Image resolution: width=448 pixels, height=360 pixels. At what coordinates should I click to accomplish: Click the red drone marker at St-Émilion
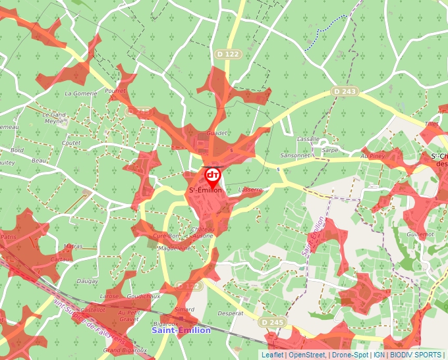[213, 175]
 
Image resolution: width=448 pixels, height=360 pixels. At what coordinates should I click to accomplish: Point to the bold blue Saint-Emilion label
[181, 330]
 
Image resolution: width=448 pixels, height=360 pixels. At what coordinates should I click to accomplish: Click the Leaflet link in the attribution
[273, 355]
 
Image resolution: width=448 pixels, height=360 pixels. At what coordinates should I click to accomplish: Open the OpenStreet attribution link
[307, 355]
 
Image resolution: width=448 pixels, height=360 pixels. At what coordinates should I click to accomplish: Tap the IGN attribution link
[379, 355]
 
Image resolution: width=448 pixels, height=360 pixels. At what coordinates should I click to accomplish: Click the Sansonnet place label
[294, 156]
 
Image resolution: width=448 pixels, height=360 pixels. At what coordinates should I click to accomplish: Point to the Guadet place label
[217, 133]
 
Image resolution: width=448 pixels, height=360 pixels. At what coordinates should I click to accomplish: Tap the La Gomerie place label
[81, 94]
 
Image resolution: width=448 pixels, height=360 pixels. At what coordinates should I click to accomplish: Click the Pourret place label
[115, 91]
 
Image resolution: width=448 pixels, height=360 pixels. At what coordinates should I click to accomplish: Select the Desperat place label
[230, 314]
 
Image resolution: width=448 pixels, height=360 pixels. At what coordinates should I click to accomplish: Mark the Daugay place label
[88, 282]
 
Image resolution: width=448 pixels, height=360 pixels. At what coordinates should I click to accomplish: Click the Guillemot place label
[421, 234]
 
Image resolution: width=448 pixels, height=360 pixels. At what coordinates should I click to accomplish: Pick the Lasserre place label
[251, 190]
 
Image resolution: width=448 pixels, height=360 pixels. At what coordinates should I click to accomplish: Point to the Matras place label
[73, 246]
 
